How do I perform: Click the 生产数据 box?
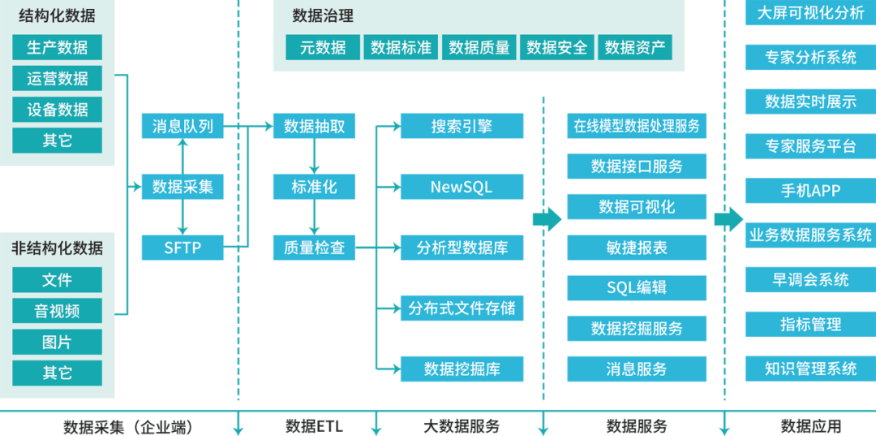click(x=57, y=47)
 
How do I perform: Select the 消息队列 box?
click(x=182, y=126)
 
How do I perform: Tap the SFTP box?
click(x=182, y=248)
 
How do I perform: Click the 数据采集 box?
click(x=182, y=187)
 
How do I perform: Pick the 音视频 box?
click(x=57, y=311)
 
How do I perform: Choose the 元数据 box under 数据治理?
click(x=322, y=47)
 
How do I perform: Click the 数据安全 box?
click(x=556, y=47)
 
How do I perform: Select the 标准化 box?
click(x=314, y=187)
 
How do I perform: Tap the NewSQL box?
click(x=462, y=187)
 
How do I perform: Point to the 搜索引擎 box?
click(x=462, y=126)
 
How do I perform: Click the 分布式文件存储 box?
click(x=462, y=309)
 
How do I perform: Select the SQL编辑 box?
click(x=637, y=287)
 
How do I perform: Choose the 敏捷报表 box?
click(x=637, y=248)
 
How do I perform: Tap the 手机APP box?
click(x=810, y=191)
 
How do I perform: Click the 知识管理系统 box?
click(x=810, y=369)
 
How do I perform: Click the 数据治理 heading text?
click(x=323, y=16)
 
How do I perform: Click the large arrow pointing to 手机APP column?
click(x=728, y=219)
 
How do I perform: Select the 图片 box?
click(x=57, y=342)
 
